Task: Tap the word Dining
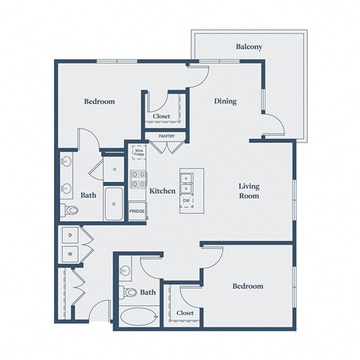(x=226, y=101)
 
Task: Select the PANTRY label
(x=166, y=136)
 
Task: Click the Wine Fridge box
(x=139, y=152)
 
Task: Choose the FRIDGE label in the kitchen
(x=137, y=211)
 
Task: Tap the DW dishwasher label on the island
(x=187, y=201)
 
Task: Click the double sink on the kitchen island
(x=187, y=181)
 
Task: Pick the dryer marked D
(x=70, y=235)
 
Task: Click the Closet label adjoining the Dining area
(x=162, y=117)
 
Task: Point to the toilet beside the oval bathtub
(x=129, y=292)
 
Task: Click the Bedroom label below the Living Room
(x=247, y=286)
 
